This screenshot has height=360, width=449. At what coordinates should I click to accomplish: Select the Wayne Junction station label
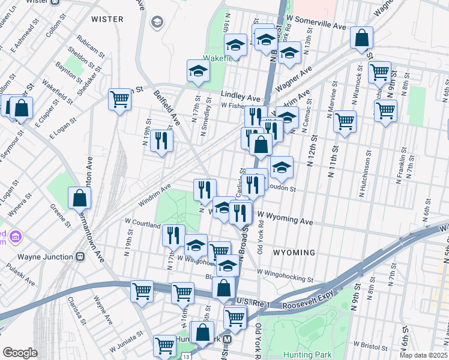(46, 256)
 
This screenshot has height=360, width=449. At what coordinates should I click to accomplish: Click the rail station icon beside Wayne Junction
(80, 256)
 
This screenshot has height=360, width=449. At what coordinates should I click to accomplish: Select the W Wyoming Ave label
(285, 218)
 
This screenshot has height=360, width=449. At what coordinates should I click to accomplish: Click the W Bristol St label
(374, 345)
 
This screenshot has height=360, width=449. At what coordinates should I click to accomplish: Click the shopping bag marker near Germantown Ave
(79, 199)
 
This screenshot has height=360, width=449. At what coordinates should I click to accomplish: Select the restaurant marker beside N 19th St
(161, 141)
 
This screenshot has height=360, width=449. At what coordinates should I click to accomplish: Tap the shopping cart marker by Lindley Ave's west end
(120, 100)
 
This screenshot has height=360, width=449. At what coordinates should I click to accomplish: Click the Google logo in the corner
(20, 353)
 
